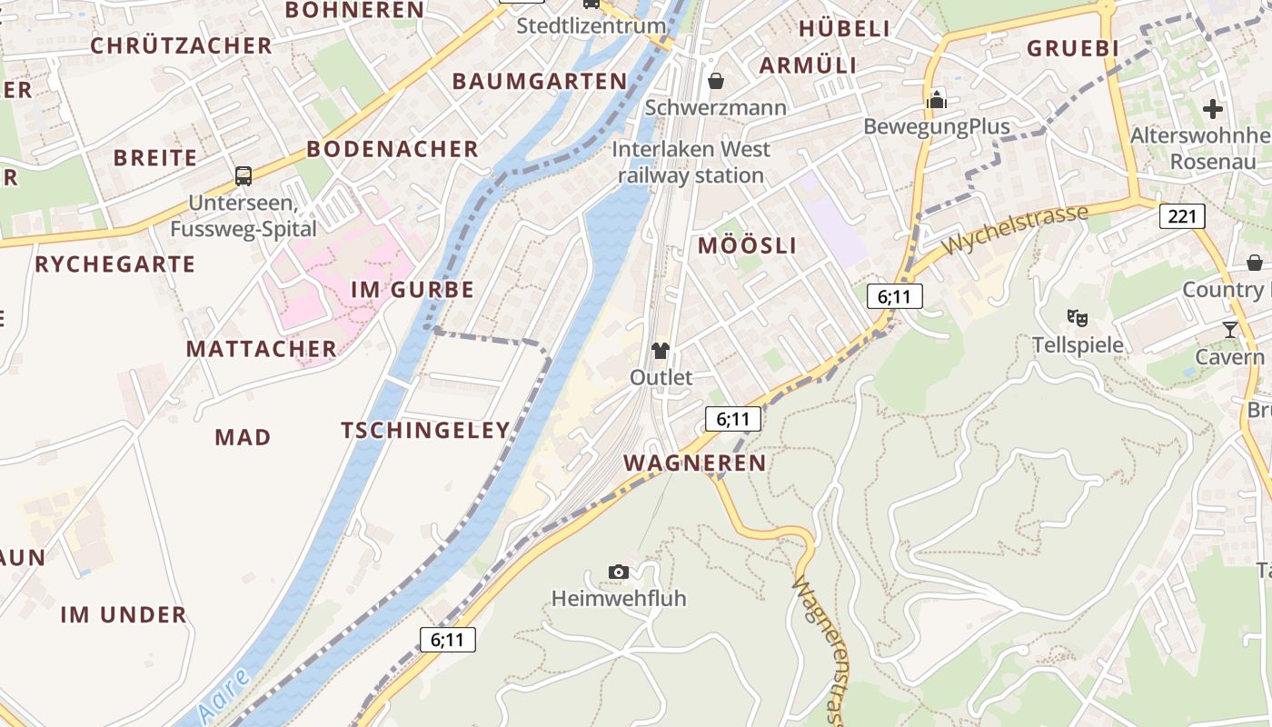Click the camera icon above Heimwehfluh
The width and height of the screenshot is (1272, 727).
[619, 572]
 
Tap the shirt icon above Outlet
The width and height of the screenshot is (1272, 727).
[661, 351]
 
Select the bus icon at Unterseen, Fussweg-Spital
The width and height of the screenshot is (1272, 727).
[243, 176]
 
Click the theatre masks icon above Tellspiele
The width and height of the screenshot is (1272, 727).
[1078, 317]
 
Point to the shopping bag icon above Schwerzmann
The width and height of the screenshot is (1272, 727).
[716, 81]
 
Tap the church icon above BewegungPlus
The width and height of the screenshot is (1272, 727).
[937, 99]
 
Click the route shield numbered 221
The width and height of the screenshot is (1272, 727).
[1182, 216]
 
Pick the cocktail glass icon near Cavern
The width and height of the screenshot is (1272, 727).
[1230, 329]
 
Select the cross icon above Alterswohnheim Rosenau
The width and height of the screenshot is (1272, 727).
[1212, 109]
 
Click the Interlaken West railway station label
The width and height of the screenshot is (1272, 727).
[691, 162]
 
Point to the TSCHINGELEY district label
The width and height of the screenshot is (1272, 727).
[425, 431]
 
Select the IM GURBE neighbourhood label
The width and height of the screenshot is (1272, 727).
[412, 290]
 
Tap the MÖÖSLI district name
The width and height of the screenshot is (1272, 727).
[747, 245]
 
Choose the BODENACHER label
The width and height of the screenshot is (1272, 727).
[392, 149]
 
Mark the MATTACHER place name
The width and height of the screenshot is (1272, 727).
[262, 349]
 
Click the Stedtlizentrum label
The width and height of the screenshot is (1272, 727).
[591, 25]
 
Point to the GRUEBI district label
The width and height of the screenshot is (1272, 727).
[1071, 48]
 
